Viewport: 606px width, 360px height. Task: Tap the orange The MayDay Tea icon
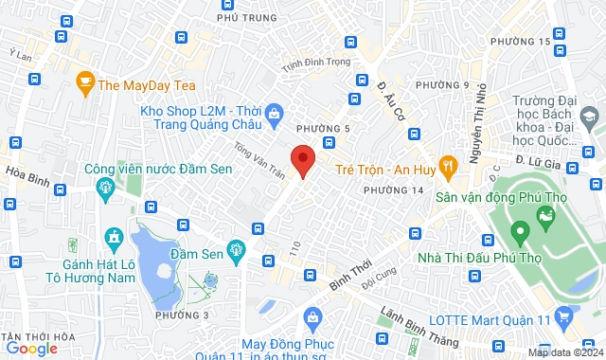85,83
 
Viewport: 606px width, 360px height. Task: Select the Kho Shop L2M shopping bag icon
274,112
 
